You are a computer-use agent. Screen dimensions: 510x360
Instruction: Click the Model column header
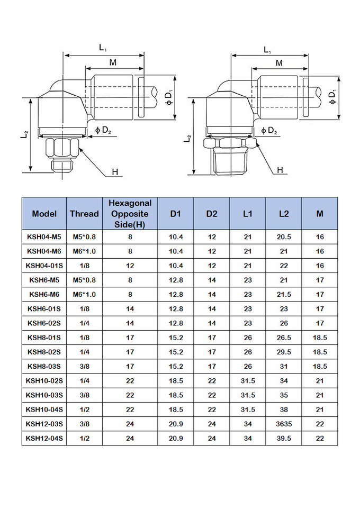point(44,214)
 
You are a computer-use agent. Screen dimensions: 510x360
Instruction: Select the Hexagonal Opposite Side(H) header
point(130,214)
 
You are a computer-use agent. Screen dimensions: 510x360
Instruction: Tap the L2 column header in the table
point(283,214)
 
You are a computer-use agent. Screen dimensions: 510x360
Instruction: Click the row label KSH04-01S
point(44,266)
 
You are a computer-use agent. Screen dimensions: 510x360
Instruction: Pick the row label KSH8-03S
point(44,366)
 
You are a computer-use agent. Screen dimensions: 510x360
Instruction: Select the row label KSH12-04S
point(44,438)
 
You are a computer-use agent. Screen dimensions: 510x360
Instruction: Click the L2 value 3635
point(283,424)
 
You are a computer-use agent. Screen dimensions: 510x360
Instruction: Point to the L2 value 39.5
point(283,438)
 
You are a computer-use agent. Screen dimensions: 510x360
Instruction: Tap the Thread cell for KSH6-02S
point(84,323)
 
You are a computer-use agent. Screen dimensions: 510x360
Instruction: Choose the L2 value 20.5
point(283,237)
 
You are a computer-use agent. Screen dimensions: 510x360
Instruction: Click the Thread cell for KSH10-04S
point(84,409)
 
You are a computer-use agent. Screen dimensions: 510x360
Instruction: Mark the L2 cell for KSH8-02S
point(283,352)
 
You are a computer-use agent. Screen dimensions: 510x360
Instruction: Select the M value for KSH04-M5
point(320,237)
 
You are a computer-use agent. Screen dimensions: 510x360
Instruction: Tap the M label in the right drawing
point(279,63)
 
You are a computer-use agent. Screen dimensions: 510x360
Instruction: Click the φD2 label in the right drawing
point(268,130)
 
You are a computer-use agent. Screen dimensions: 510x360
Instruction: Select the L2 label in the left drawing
point(25,135)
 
